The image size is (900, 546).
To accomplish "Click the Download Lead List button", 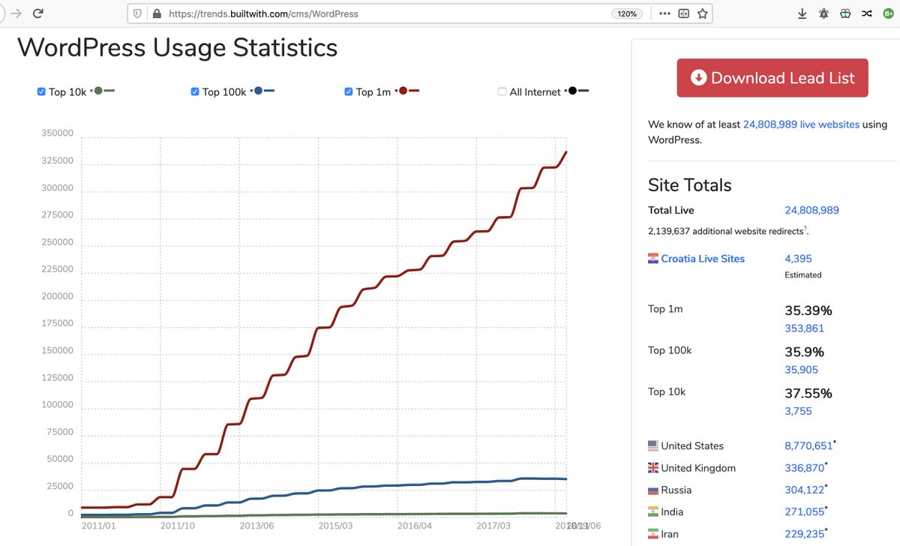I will point(772,78).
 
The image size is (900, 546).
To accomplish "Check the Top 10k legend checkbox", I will point(41,91).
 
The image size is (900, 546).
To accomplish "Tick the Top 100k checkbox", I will point(195,91).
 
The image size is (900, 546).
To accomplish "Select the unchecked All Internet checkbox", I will point(502,91).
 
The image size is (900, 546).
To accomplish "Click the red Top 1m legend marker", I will point(403,91).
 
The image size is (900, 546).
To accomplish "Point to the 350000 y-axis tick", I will point(58,133).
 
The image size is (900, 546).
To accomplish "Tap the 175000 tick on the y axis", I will point(58,323).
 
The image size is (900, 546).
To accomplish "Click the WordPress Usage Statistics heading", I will point(177,48).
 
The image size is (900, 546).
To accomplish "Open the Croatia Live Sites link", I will point(703,259).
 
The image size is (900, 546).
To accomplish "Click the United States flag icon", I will point(653,445).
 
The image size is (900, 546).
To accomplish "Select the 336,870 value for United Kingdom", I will point(804,468).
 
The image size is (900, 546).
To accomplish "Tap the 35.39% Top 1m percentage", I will point(808,310).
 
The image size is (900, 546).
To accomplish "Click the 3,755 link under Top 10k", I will point(798,411).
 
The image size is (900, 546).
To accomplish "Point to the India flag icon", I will point(653,511).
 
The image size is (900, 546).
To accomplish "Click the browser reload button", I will point(37,13).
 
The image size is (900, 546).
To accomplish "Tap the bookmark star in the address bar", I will point(703,13).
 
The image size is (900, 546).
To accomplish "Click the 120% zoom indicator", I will point(625,13).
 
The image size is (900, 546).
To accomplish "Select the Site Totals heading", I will point(689,185).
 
